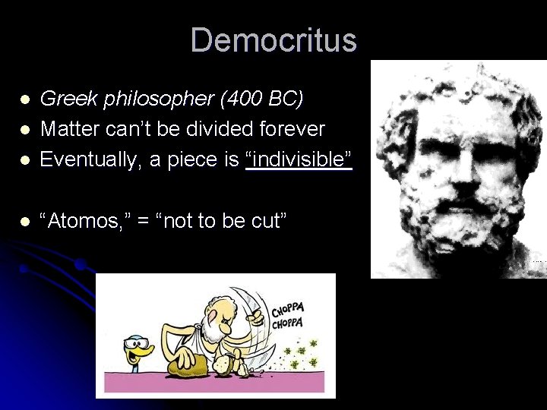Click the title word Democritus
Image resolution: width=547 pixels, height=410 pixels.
click(273, 39)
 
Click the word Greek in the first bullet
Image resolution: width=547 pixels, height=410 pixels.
click(60, 99)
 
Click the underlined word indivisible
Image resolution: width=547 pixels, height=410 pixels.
click(299, 159)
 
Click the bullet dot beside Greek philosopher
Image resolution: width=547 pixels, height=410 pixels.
click(25, 99)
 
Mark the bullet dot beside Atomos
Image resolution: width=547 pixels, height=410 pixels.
click(25, 222)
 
